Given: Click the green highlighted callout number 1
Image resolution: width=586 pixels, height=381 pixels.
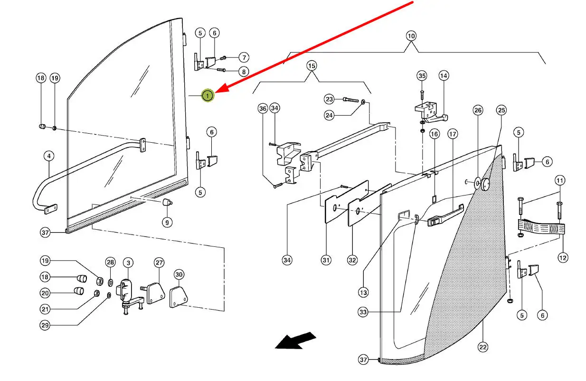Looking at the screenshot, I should pyautogui.click(x=208, y=96).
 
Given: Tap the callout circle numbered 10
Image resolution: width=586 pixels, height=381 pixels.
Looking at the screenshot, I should pyautogui.click(x=411, y=36).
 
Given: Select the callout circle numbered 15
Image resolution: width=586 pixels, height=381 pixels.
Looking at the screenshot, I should pyautogui.click(x=311, y=65).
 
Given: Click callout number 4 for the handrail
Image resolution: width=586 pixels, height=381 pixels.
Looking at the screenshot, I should pyautogui.click(x=48, y=156).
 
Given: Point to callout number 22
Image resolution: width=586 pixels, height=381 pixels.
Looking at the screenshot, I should pyautogui.click(x=483, y=347).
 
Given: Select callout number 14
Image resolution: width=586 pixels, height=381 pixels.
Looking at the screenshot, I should pyautogui.click(x=444, y=76).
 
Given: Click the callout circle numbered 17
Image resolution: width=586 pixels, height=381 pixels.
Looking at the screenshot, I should pyautogui.click(x=453, y=135).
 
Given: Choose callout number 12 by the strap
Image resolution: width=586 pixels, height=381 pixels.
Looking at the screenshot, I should pyautogui.click(x=563, y=258).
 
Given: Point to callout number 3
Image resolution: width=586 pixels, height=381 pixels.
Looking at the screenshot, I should pyautogui.click(x=128, y=263).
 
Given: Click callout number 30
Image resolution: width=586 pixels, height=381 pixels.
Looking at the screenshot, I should pyautogui.click(x=179, y=274).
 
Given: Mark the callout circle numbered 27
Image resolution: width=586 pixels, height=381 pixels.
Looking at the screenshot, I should pyautogui.click(x=159, y=263).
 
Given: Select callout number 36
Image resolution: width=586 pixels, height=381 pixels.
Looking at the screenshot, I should pyautogui.click(x=263, y=109).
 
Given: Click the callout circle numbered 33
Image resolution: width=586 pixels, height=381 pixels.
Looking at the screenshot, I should pyautogui.click(x=363, y=312).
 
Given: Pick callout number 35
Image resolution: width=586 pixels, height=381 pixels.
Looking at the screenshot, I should pyautogui.click(x=422, y=76).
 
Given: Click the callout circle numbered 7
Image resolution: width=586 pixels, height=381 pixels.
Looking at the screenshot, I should pyautogui.click(x=244, y=58).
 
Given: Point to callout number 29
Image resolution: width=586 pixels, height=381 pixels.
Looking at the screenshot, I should pyautogui.click(x=45, y=325).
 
